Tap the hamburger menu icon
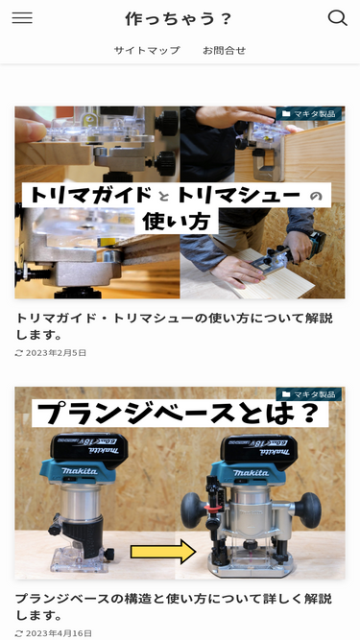pyautogui.click(x=22, y=18)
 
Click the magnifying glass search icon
pyautogui.click(x=338, y=18)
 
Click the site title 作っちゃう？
pyautogui.click(x=179, y=19)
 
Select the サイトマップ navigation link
pyautogui.click(x=147, y=50)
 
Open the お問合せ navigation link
pyautogui.click(x=224, y=50)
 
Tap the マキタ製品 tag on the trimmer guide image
pyautogui.click(x=309, y=113)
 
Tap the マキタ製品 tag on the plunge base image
pyautogui.click(x=309, y=393)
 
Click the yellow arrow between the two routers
pyautogui.click(x=163, y=552)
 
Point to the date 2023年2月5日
pyautogui.click(x=56, y=353)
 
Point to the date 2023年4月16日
pyautogui.click(x=59, y=633)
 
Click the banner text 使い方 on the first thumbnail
pyautogui.click(x=176, y=222)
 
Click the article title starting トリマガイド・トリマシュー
pyautogui.click(x=175, y=326)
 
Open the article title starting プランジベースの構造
pyautogui.click(x=175, y=607)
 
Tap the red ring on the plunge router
pyautogui.click(x=211, y=509)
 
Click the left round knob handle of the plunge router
pyautogui.click(x=194, y=510)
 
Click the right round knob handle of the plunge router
pyautogui.click(x=308, y=510)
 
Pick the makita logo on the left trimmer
pyautogui.click(x=79, y=471)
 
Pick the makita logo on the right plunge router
pyautogui.click(x=251, y=473)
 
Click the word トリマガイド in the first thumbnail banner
pyautogui.click(x=90, y=195)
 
